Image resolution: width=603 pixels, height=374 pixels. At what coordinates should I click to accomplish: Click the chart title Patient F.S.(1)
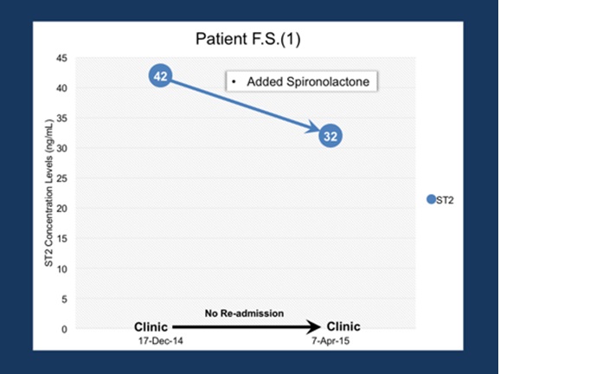(248, 39)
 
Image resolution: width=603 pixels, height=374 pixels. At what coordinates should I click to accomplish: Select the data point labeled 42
(160, 76)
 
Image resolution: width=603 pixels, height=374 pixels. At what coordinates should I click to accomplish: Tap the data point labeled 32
(330, 136)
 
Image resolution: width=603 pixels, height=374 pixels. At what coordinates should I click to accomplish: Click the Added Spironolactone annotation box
(301, 81)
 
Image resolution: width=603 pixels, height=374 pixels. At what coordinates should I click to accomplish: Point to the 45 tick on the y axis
(61, 58)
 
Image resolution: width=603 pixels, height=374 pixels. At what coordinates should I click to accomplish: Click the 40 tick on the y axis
(61, 88)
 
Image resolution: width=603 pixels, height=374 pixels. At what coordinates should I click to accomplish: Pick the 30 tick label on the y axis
(61, 148)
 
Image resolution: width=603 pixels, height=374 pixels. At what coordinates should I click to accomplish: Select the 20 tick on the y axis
(61, 209)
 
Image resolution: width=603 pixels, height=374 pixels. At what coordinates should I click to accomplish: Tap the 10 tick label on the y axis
(61, 269)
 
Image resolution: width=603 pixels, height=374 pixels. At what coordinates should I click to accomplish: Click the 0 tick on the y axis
(64, 329)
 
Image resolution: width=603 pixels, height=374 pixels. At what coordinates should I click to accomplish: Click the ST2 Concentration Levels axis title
(48, 193)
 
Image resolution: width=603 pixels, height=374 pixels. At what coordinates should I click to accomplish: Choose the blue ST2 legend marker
(431, 199)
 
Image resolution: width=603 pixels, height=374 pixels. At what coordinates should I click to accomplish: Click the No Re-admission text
(244, 313)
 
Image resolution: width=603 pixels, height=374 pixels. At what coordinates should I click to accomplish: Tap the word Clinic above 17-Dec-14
(151, 327)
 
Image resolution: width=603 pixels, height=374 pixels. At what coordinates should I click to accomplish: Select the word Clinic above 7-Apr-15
(343, 326)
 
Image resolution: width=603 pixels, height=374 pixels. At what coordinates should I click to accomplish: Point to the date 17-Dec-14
(161, 341)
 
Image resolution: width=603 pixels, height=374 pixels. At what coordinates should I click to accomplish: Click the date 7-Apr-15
(330, 341)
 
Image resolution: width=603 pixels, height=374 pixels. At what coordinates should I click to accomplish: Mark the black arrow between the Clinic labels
(247, 327)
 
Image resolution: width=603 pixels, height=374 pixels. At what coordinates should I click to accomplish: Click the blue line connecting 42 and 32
(245, 106)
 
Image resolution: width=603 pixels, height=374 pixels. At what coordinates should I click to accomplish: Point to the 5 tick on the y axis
(64, 299)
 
